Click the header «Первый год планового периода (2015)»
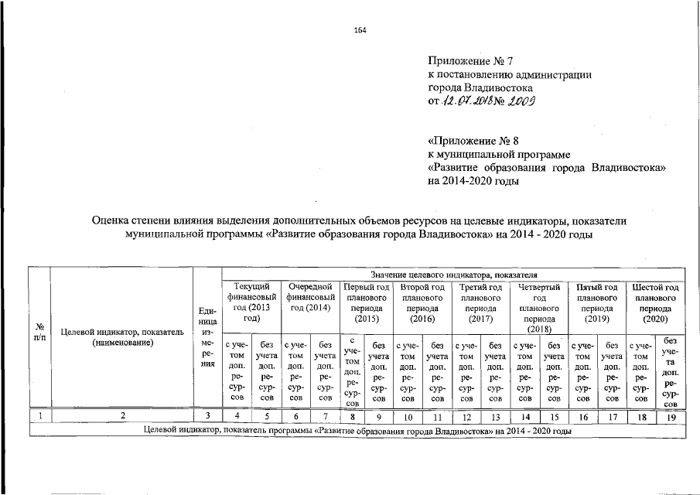pyautogui.click(x=366, y=302)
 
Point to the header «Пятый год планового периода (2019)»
pyautogui.click(x=597, y=302)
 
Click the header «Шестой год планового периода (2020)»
pyautogui.click(x=655, y=302)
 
